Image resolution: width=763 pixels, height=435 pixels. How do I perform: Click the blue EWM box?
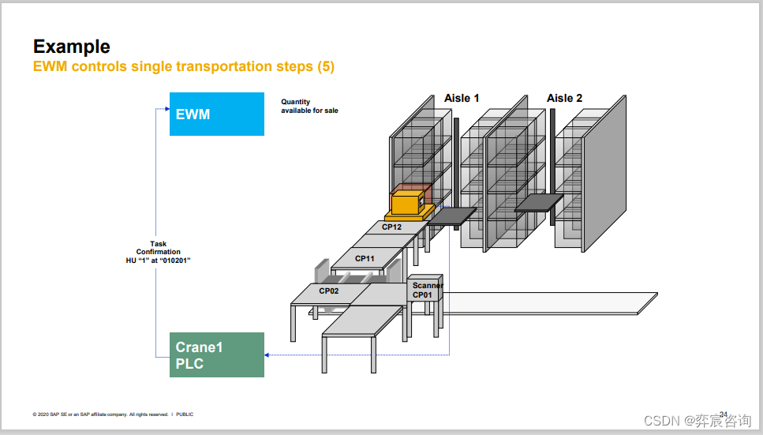(x=216, y=114)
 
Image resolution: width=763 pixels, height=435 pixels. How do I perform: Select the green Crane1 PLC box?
(x=216, y=354)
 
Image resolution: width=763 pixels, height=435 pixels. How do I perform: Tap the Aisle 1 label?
(x=462, y=98)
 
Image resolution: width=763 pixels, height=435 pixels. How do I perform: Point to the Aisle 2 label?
(x=564, y=98)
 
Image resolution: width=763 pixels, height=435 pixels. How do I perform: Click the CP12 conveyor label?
(x=391, y=227)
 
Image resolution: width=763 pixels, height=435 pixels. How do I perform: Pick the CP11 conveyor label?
(x=365, y=259)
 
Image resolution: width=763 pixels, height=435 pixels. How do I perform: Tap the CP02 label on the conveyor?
(x=329, y=291)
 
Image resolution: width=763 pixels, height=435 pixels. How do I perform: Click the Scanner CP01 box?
(x=427, y=290)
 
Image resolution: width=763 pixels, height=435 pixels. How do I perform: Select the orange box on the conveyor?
(x=408, y=203)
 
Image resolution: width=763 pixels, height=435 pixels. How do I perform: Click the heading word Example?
(x=72, y=47)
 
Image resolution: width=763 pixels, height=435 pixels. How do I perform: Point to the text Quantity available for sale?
(x=309, y=106)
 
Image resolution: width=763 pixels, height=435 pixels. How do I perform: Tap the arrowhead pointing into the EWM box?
(x=166, y=108)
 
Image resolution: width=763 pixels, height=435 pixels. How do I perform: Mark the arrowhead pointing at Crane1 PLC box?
(x=267, y=355)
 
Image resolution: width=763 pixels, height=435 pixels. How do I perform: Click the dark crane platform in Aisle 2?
(x=540, y=203)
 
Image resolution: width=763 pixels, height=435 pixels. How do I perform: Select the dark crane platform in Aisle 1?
(x=451, y=216)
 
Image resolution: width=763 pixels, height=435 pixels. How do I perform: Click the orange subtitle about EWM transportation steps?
(x=184, y=67)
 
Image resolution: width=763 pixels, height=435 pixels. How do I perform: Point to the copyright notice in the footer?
(x=100, y=414)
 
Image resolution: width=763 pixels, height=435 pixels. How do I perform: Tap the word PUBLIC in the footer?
(x=185, y=414)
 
